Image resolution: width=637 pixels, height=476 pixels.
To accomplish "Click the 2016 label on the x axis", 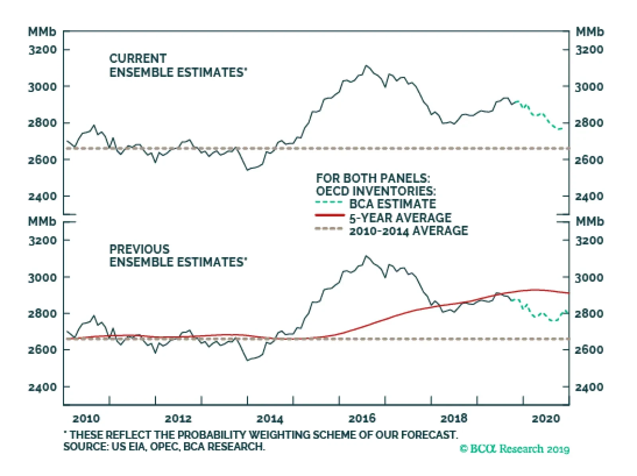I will [362, 418].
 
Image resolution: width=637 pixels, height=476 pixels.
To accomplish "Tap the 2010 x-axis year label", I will [86, 418].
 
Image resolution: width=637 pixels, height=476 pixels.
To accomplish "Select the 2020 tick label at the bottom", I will [546, 418].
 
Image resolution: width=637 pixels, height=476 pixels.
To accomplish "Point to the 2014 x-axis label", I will [270, 418].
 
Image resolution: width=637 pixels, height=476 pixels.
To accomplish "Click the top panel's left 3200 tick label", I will [42, 50].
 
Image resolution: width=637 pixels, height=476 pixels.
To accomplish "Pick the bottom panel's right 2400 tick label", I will [589, 387].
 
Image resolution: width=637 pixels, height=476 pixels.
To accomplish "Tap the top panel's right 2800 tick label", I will [589, 123].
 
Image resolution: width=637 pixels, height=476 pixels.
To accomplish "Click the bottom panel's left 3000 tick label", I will [42, 277].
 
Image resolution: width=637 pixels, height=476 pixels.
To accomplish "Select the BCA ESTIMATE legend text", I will [393, 204].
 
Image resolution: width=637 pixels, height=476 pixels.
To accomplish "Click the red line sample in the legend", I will [330, 215].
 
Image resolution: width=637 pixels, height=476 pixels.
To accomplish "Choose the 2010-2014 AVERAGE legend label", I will [408, 231].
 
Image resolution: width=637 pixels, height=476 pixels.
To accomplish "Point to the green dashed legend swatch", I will [329, 202].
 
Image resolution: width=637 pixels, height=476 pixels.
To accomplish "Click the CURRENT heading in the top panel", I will [138, 59].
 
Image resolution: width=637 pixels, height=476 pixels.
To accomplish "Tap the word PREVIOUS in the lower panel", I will [139, 249].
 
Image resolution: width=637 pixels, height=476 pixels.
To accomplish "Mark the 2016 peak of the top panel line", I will [366, 66].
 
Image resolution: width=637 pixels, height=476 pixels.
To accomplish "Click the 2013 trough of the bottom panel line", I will [248, 360].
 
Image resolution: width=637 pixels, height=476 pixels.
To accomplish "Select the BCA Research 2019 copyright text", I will [514, 449].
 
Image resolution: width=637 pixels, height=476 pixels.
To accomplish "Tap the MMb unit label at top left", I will [42, 32].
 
